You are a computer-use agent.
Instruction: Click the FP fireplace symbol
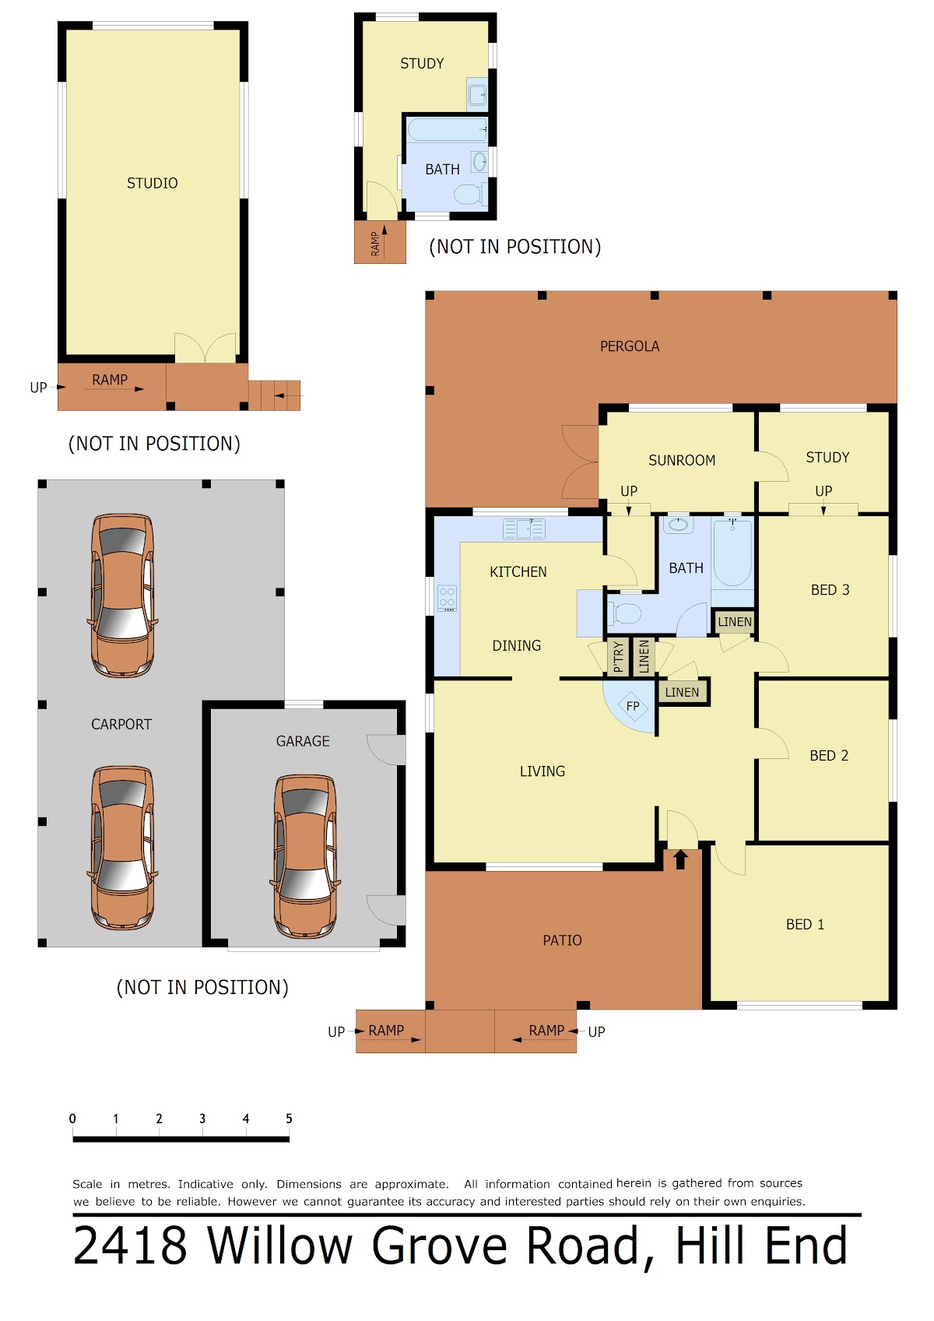pyautogui.click(x=633, y=706)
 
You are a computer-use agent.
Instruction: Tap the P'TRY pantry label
pyautogui.click(x=618, y=656)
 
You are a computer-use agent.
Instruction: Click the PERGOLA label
pyautogui.click(x=629, y=346)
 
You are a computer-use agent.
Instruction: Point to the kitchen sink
pyautogui.click(x=524, y=529)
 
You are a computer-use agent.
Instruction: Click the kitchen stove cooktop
pyautogui.click(x=447, y=598)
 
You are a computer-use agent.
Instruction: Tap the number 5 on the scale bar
pyautogui.click(x=289, y=1118)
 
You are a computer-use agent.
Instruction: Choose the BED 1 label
pyautogui.click(x=804, y=924)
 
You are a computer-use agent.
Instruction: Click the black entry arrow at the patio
pyautogui.click(x=680, y=859)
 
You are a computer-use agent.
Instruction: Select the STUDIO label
pyautogui.click(x=152, y=183)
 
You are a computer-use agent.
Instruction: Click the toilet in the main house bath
pyautogui.click(x=624, y=613)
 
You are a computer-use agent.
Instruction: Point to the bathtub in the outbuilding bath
pyautogui.click(x=447, y=130)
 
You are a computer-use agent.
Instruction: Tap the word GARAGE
pyautogui.click(x=303, y=741)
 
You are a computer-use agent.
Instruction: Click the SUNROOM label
pyautogui.click(x=682, y=460)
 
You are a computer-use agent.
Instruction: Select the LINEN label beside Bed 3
pyautogui.click(x=734, y=621)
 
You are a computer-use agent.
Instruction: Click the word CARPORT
pyautogui.click(x=121, y=724)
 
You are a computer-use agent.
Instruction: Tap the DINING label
pyautogui.click(x=516, y=645)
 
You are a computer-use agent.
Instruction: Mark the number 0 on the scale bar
pyautogui.click(x=72, y=1118)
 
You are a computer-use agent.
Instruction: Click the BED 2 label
pyautogui.click(x=828, y=755)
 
